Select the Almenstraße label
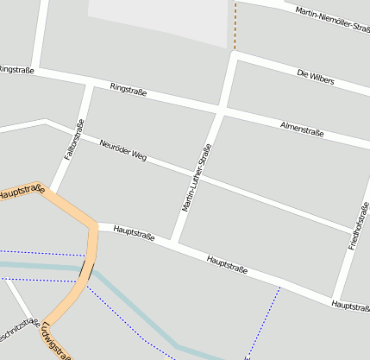[x=302, y=129]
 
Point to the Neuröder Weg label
[x=123, y=149]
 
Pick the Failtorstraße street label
[x=72, y=141]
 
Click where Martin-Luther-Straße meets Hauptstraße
[x=175, y=241]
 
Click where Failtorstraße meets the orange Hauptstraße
[x=53, y=189]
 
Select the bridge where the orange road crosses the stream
[x=87, y=271]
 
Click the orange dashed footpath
[x=235, y=26]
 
